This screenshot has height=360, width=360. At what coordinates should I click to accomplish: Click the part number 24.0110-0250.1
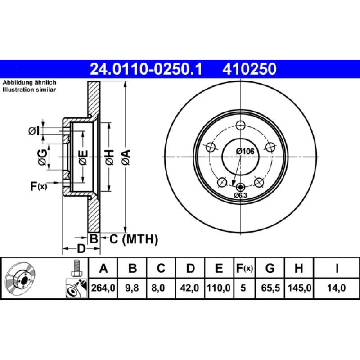coord(146,69)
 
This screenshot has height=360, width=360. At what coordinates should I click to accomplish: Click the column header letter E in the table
coord(219,269)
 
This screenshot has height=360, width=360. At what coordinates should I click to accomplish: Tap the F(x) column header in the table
coord(244,269)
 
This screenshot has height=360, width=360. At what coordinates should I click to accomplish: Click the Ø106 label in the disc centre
coord(246,152)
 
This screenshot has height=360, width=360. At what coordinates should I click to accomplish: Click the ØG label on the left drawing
coord(42,157)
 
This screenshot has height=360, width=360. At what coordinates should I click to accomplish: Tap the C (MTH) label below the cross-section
coord(134,239)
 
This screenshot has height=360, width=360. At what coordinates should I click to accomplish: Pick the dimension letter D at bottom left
coord(81,248)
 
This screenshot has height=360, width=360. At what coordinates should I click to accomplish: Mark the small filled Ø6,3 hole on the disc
coord(241,187)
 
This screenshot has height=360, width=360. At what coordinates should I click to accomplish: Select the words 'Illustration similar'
coord(29,90)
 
